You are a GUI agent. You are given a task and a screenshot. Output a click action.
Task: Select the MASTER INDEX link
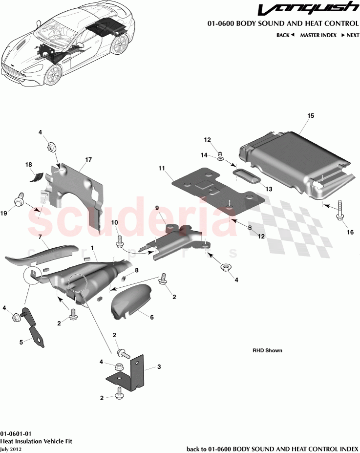[318, 35]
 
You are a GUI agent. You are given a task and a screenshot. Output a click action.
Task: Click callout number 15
[310, 116]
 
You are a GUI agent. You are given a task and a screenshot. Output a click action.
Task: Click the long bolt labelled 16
[338, 210]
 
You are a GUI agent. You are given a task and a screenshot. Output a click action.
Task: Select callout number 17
[88, 160]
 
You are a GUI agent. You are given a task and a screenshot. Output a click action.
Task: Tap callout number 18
[28, 165]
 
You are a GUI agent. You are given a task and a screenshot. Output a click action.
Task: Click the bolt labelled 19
[20, 200]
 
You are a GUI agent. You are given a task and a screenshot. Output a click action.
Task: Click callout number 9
[157, 208]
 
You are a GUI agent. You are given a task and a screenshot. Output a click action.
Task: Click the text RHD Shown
[267, 350]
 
